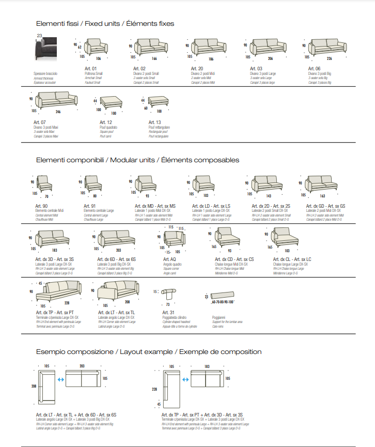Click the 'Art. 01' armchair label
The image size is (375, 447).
(x=91, y=69)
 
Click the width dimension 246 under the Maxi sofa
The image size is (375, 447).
(x=58, y=111)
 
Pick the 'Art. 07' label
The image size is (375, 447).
(x=40, y=122)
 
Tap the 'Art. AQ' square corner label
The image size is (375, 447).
(x=169, y=259)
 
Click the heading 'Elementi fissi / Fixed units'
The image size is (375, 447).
(x=105, y=24)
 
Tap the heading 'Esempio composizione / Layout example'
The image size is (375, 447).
(x=149, y=351)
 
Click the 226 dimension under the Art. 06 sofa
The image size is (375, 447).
(x=329, y=58)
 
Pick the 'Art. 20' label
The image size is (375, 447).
(x=197, y=69)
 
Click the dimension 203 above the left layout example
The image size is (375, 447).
(x=83, y=366)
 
